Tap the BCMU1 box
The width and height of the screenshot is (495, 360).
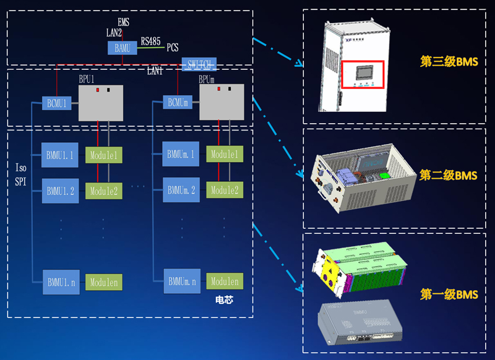coord(56,103)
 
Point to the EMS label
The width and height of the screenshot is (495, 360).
coord(123,23)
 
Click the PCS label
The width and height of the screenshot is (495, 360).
coord(173,48)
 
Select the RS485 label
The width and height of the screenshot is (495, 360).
coord(150,41)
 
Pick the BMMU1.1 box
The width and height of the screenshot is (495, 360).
coord(60,155)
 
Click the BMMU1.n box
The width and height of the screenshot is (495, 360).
coord(60,282)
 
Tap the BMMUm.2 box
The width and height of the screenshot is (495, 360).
coord(181,191)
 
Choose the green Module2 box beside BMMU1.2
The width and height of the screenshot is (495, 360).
coord(103,191)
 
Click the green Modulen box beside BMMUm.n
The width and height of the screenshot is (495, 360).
coord(225,281)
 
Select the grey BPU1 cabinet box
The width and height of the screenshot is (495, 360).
coord(101,103)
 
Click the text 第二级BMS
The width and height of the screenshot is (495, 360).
coord(449,176)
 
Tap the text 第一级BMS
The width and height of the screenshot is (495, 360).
coord(449,294)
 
